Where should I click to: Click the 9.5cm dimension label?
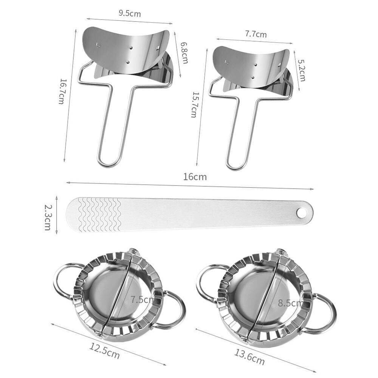click(130, 14)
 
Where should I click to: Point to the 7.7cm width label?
click(256, 34)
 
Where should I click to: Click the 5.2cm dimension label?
click(301, 70)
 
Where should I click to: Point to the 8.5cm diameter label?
click(290, 302)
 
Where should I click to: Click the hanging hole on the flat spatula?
click(302, 213)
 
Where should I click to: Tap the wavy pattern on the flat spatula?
click(99, 214)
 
